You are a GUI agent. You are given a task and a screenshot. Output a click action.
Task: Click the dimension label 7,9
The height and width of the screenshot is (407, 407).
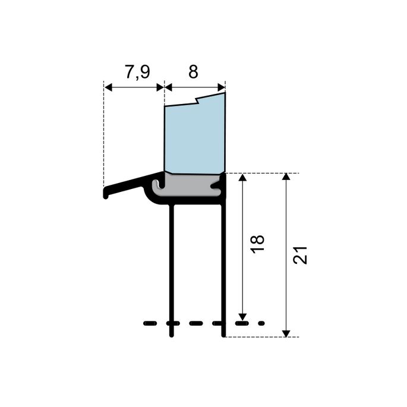pyautogui.click(x=137, y=72)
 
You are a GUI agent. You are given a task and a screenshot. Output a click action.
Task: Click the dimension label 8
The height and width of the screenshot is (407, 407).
pyautogui.click(x=193, y=72)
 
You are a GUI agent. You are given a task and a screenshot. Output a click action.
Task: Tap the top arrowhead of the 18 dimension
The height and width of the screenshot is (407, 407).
pyautogui.click(x=242, y=178)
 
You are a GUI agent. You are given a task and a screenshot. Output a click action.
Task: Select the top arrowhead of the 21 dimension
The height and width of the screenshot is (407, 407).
pyautogui.click(x=286, y=178)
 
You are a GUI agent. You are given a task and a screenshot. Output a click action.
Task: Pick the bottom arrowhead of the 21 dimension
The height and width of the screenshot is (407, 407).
pyautogui.click(x=286, y=332)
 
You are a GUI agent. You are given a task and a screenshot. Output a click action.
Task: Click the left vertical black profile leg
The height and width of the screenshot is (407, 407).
pyautogui.click(x=172, y=267)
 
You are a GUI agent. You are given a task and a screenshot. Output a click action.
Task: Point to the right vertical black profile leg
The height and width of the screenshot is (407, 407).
pyautogui.click(x=225, y=267)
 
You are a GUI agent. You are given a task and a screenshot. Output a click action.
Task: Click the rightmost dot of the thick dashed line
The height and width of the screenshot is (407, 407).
pyautogui.click(x=262, y=324)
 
